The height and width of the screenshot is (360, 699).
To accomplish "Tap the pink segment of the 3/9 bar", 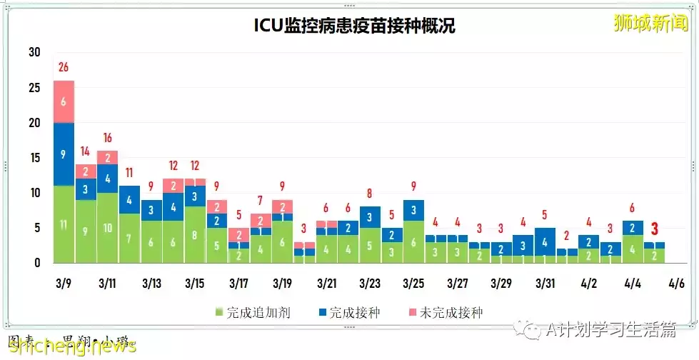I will point(64,101).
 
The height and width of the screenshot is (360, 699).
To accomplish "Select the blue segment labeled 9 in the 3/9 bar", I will point(64,154).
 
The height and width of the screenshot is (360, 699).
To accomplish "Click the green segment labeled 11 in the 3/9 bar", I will point(64,224).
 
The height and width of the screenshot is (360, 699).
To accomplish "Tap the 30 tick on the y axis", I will point(34,53).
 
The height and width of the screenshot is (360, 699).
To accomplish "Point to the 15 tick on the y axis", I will point(34,158).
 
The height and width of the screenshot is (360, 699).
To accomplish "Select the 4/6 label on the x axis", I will point(675,284).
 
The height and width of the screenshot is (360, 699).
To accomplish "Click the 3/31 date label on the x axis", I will point(545,284).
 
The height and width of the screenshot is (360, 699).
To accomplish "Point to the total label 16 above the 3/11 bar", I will point(107,138).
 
